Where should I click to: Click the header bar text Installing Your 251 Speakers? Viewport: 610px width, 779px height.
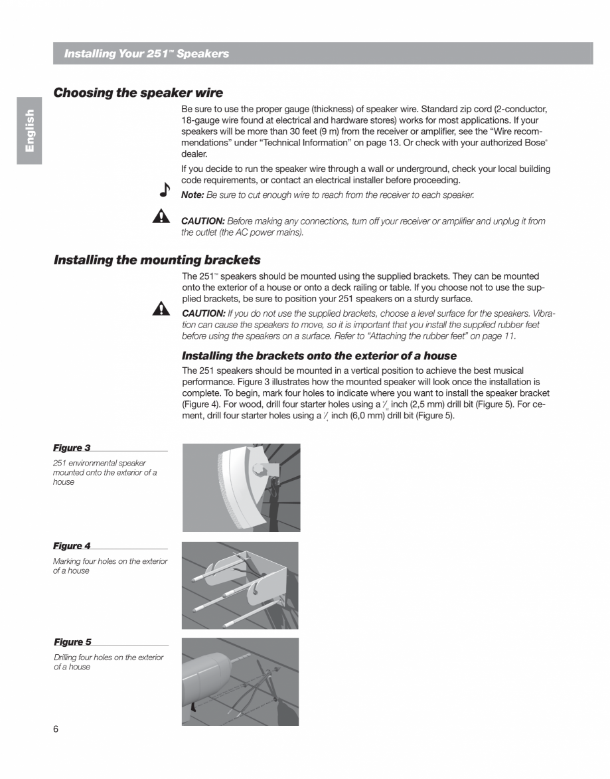pos(146,54)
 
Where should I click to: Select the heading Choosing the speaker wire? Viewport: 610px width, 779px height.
pos(138,93)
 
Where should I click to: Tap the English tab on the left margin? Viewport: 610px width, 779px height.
pos(29,130)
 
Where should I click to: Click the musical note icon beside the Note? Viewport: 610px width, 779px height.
pos(165,191)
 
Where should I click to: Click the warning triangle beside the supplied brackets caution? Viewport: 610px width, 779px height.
pos(161,308)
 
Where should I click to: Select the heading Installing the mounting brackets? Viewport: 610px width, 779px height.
pos(157,260)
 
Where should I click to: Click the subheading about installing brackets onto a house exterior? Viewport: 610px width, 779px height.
pos(319,356)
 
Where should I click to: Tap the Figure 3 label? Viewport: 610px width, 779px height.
pos(72,448)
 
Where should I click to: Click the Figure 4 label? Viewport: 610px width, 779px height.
pos(72,546)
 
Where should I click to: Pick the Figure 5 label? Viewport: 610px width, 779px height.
pos(72,642)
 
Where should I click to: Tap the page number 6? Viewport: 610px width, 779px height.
pos(56,729)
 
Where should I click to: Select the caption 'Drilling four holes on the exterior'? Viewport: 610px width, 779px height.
pos(108,657)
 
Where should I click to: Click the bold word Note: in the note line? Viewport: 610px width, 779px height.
pos(192,195)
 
